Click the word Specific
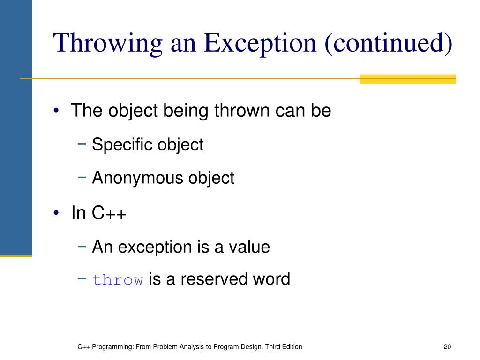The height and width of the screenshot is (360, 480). click(x=120, y=144)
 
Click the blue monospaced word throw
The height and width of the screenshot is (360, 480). click(x=118, y=280)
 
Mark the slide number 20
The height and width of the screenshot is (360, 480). click(x=447, y=347)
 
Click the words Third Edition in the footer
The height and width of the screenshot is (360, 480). click(x=283, y=347)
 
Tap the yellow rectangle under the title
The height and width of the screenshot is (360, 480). click(x=407, y=79)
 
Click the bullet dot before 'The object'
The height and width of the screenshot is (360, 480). click(x=57, y=112)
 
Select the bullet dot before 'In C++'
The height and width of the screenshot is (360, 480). click(x=57, y=213)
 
